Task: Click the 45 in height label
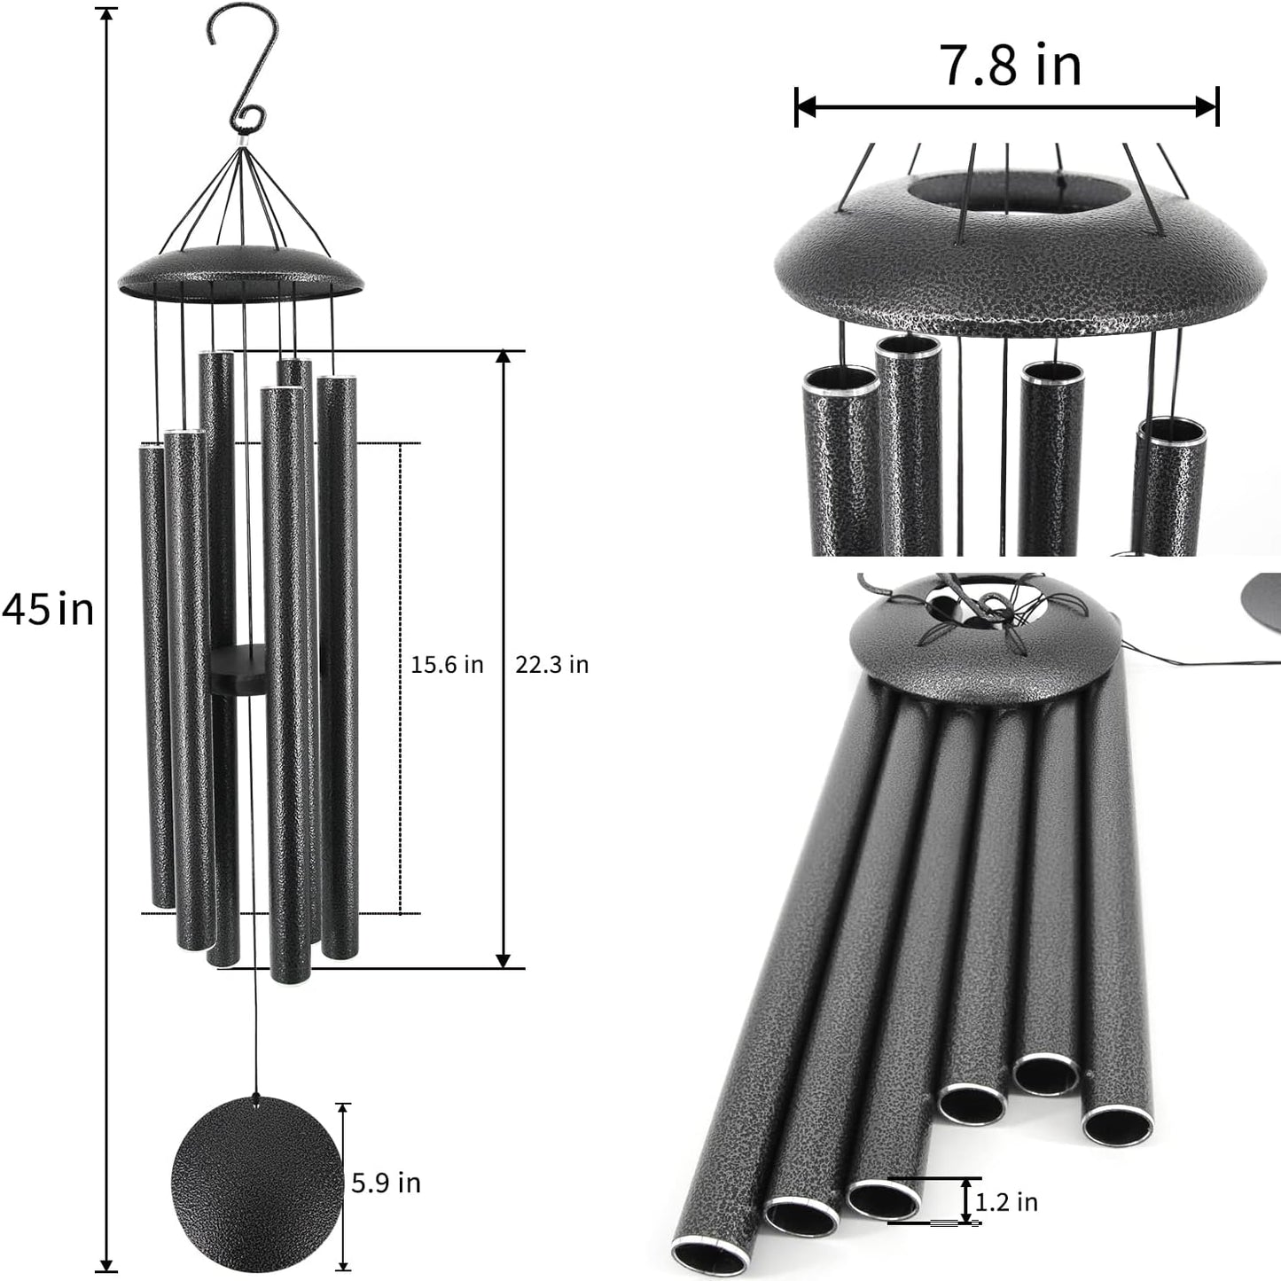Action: tap(48, 610)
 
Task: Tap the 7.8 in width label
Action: tap(1010, 65)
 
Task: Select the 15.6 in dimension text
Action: tap(447, 665)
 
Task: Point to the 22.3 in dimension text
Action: tap(551, 665)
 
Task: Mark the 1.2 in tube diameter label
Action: tap(1006, 1202)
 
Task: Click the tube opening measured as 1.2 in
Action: tap(883, 1199)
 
